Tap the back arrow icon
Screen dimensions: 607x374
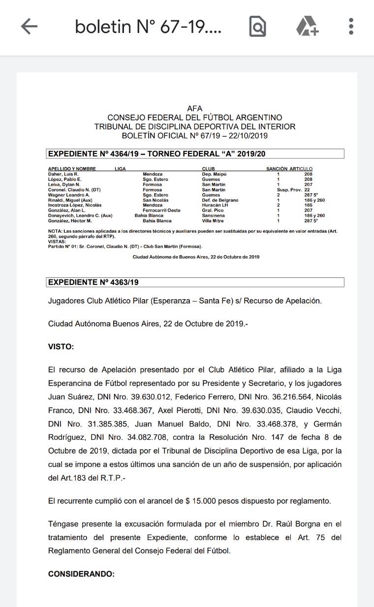(x=29, y=27)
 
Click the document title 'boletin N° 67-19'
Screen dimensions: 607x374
(x=148, y=27)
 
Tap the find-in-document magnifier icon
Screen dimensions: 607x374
(x=257, y=27)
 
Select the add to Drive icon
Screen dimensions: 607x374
(x=308, y=27)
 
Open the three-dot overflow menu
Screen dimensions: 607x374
(x=351, y=27)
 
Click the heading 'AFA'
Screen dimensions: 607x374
(x=195, y=109)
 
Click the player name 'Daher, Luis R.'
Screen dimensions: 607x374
(x=63, y=174)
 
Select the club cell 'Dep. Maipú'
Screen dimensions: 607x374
(x=215, y=174)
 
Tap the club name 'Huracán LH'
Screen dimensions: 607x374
(x=215, y=205)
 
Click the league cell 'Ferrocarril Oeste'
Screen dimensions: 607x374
(x=161, y=211)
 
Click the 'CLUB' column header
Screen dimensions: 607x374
(x=208, y=169)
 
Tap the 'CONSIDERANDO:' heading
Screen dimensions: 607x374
(x=81, y=574)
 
